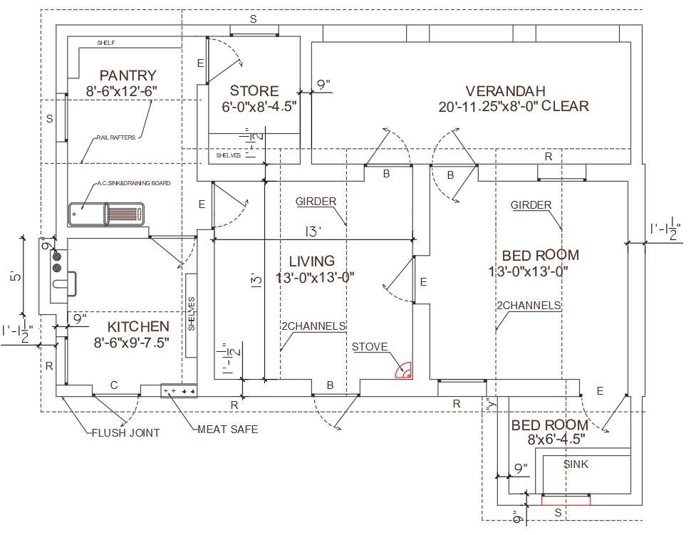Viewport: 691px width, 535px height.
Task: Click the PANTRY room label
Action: pos(128,75)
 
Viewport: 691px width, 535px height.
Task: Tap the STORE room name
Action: pos(254,91)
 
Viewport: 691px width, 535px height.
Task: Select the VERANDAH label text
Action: pos(505,91)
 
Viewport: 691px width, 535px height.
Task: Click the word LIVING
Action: pos(311,261)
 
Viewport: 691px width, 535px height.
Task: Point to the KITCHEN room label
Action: pos(138,326)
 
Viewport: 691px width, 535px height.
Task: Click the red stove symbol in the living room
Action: pos(405,370)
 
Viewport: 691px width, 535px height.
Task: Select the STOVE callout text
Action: pos(370,347)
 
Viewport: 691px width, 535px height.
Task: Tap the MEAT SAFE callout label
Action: pos(227,429)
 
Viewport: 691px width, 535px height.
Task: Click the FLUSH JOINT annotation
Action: pos(125,432)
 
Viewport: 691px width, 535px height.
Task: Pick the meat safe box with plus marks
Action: pos(179,391)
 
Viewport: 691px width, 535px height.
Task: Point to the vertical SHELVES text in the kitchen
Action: pos(192,314)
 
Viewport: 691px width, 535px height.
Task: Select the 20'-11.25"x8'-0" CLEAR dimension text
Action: pos(514,107)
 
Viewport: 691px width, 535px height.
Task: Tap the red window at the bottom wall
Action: pos(566,499)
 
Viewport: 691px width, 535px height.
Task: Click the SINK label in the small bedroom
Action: pos(576,464)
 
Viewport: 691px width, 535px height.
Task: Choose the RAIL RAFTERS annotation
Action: pos(116,137)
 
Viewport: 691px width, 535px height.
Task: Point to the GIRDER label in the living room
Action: pos(316,202)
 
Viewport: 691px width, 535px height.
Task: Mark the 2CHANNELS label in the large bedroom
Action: pos(529,305)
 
